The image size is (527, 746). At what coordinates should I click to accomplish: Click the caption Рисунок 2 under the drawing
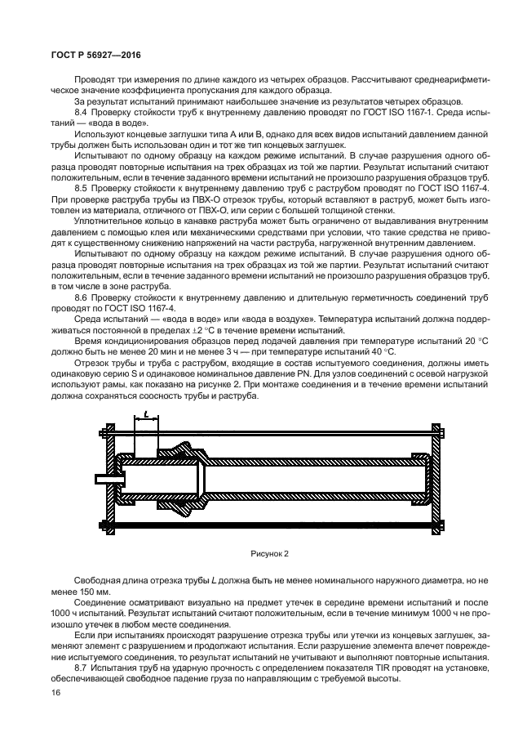click(x=271, y=552)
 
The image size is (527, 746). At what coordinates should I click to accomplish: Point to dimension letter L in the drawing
click(x=146, y=418)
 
